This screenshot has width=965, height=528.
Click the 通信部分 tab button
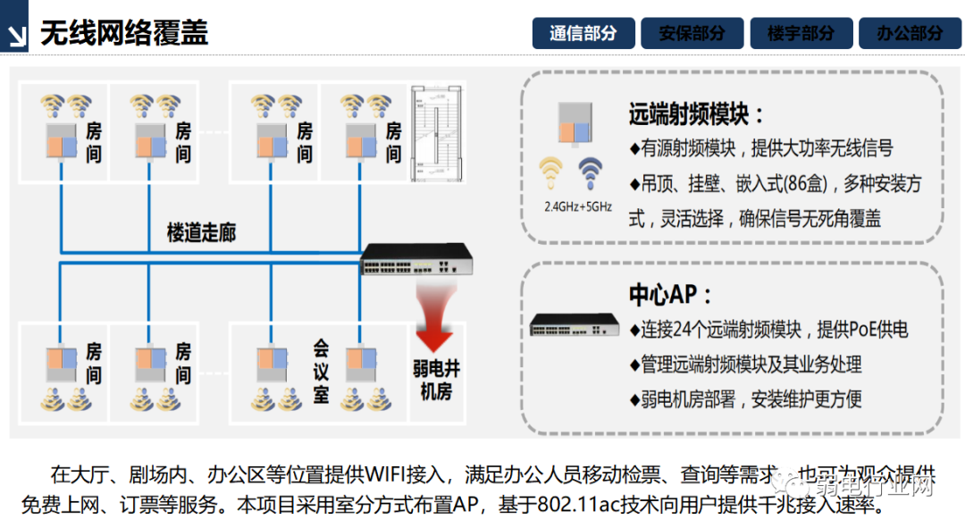(583, 33)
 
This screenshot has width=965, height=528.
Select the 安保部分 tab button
(692, 33)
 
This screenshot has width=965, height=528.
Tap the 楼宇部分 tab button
(801, 33)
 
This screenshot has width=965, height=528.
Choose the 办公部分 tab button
(910, 33)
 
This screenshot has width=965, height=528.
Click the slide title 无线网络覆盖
(124, 33)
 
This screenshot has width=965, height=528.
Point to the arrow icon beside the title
(15, 34)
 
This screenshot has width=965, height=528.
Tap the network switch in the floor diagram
(416, 261)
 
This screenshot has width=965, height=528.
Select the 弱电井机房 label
(435, 381)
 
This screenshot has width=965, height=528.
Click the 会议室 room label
(321, 370)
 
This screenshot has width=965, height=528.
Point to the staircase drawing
(439, 134)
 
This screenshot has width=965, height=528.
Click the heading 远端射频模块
(696, 114)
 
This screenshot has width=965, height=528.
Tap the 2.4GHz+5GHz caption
(578, 206)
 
